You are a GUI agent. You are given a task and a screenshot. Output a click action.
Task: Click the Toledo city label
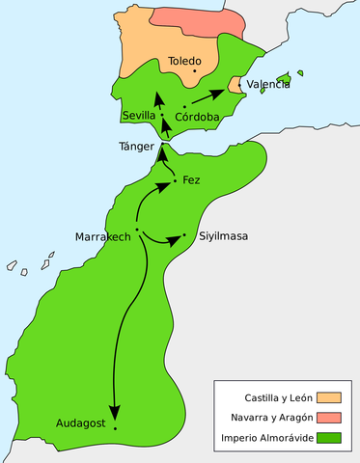[184, 61]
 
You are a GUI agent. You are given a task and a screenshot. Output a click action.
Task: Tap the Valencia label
[268, 85]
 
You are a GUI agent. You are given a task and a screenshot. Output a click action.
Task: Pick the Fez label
[191, 180]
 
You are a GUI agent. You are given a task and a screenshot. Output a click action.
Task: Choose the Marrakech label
[103, 236]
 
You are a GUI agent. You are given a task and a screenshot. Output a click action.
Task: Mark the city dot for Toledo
[195, 70]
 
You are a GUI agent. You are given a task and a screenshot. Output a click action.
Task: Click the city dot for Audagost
[115, 427]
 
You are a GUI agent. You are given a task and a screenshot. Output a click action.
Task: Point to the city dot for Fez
[174, 180]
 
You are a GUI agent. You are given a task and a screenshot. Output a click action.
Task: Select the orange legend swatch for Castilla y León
[330, 396]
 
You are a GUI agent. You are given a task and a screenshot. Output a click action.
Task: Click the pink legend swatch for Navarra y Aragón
[330, 417]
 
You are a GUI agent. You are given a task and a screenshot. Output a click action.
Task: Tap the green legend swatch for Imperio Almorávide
[330, 438]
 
